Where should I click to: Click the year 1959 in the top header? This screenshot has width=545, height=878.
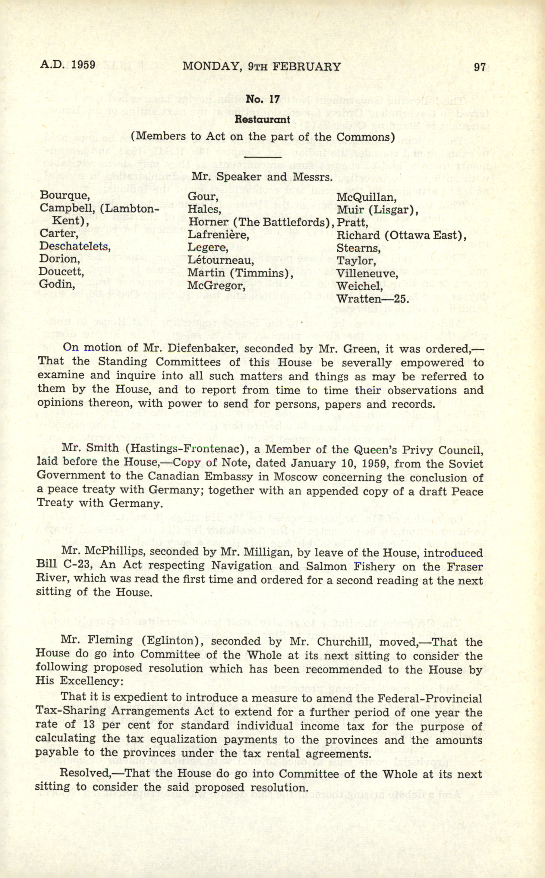[x=83, y=65]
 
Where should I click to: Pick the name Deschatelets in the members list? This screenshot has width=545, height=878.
[x=75, y=247]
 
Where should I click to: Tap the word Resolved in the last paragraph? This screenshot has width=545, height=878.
[x=85, y=774]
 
